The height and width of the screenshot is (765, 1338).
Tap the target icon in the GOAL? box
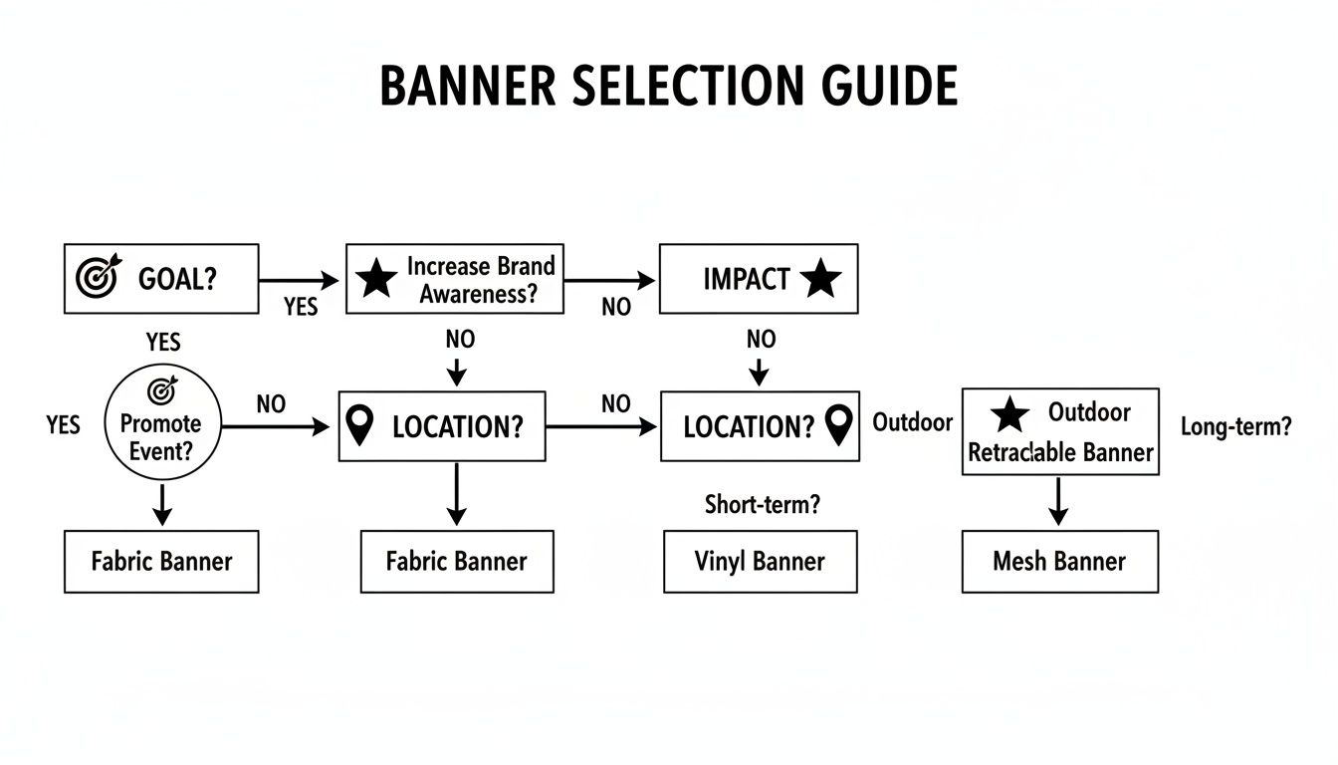pyautogui.click(x=96, y=278)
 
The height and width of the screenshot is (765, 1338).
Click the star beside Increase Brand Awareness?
pyautogui.click(x=376, y=279)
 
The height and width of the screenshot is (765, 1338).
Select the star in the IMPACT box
pyautogui.click(x=820, y=279)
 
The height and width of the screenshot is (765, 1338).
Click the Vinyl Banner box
pyautogui.click(x=760, y=562)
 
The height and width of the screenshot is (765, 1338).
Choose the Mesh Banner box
pyautogui.click(x=1059, y=562)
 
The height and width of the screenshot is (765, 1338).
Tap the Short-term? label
pyautogui.click(x=762, y=505)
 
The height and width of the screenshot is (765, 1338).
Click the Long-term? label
pyautogui.click(x=1235, y=427)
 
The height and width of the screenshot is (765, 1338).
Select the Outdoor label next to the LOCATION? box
pyautogui.click(x=912, y=422)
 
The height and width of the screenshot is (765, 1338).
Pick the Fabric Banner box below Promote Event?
pyautogui.click(x=160, y=562)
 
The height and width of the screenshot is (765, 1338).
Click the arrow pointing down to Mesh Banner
pyautogui.click(x=1059, y=501)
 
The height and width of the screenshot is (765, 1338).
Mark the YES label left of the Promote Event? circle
pyautogui.click(x=63, y=425)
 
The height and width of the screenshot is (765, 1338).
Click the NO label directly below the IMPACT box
pyautogui.click(x=761, y=340)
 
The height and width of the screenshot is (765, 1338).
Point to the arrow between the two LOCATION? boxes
pyautogui.click(x=602, y=426)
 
